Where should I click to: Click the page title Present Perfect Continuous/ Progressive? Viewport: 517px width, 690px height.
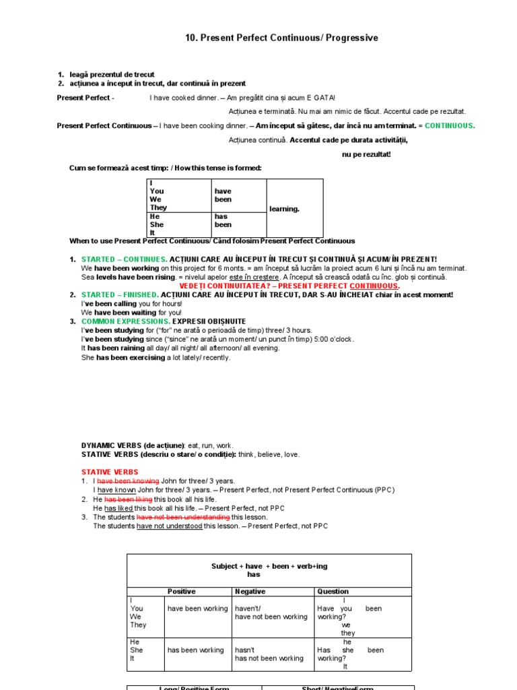[281, 38]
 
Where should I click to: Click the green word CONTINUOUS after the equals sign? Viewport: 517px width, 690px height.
[450, 126]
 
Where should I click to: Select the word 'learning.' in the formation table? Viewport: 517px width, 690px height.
[284, 209]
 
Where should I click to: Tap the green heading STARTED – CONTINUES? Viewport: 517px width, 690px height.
[124, 259]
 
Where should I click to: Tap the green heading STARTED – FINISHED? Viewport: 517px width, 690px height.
[120, 294]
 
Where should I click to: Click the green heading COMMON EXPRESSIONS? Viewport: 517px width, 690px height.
[125, 321]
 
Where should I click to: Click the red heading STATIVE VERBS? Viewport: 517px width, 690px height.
[110, 472]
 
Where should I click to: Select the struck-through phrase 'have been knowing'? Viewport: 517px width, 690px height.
[128, 481]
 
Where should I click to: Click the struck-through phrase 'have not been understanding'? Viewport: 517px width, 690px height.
[183, 517]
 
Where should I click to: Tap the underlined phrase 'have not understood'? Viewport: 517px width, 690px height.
[169, 526]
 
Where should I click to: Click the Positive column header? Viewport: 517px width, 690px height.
[181, 592]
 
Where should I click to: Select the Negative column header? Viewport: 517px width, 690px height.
[250, 592]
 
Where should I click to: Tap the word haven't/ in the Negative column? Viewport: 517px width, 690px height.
[246, 608]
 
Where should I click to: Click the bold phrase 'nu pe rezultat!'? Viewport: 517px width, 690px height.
[366, 154]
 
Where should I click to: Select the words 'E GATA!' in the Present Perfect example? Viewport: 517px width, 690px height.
[320, 98]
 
